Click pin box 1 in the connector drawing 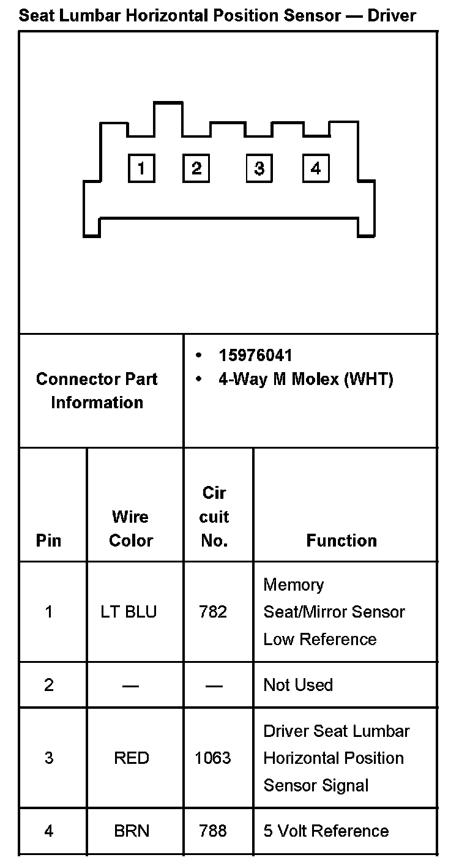[141, 168]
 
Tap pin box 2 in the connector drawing [196, 168]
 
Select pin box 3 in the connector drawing [259, 168]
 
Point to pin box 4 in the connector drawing [316, 168]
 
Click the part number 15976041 [255, 356]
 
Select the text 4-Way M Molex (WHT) [305, 379]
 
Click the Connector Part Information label [97, 390]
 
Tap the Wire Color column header [130, 528]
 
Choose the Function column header [341, 540]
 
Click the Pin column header [48, 540]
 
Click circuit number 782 [213, 611]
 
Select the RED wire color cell [131, 758]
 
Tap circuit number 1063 [213, 758]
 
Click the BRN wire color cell [131, 831]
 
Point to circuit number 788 [213, 831]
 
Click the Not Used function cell [298, 684]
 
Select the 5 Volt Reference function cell [326, 831]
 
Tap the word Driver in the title [392, 15]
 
